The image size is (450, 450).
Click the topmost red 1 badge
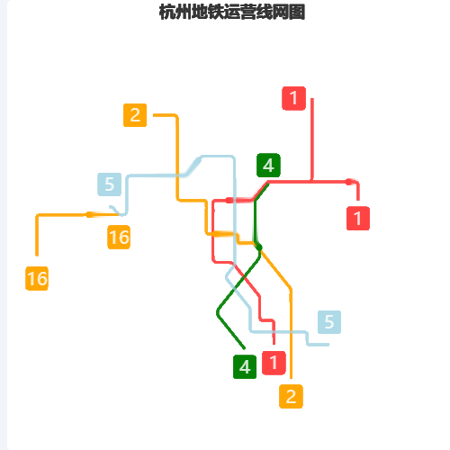click(x=293, y=98)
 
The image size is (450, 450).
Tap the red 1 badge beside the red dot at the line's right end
click(x=358, y=218)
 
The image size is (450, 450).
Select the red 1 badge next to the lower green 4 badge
click(x=274, y=363)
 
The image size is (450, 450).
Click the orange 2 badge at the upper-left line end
click(x=135, y=115)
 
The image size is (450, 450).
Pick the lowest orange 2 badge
click(x=291, y=396)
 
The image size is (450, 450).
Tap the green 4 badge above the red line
click(x=268, y=166)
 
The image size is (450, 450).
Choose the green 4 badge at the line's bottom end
click(x=245, y=366)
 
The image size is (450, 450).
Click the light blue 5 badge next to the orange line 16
click(x=110, y=184)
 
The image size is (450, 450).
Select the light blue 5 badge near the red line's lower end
click(x=329, y=322)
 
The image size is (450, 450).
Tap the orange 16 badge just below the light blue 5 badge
click(x=119, y=237)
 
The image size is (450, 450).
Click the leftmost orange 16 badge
click(x=37, y=278)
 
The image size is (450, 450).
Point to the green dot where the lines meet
click(x=259, y=247)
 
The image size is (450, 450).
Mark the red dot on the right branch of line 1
click(x=348, y=182)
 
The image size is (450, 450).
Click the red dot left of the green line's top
click(x=229, y=200)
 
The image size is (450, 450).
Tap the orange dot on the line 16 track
click(x=89, y=214)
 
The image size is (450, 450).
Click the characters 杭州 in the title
click(x=175, y=13)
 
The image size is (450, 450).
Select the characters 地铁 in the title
click(x=207, y=13)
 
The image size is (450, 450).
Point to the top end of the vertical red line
click(x=312, y=99)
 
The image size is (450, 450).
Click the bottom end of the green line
click(x=244, y=348)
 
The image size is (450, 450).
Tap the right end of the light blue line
click(x=328, y=345)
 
